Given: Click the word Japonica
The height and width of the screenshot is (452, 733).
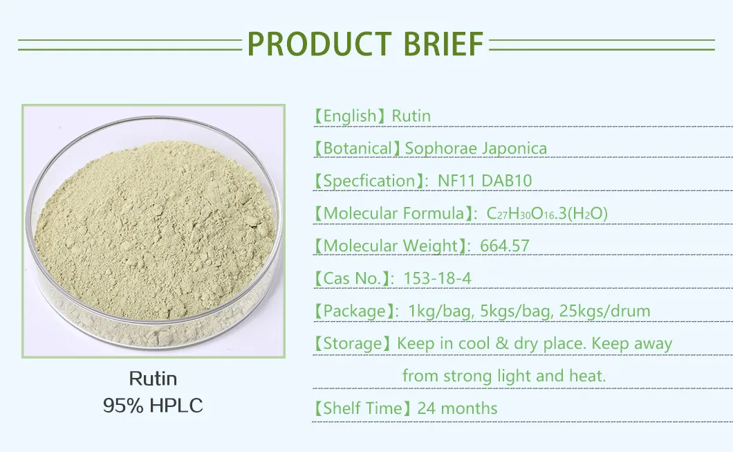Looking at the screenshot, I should point(515,148).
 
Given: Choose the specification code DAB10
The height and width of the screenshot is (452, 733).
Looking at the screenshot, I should point(507,181).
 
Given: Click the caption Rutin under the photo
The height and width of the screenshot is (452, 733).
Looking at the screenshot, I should point(153,379).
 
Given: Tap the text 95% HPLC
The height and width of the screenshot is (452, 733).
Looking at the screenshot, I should point(153,405).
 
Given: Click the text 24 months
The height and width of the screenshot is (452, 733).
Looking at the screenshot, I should point(457,408).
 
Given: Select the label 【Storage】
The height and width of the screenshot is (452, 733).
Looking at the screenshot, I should point(352,343).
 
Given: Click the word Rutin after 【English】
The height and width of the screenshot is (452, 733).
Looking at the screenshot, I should point(411,116).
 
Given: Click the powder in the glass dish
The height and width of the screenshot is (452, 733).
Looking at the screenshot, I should point(154,222).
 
